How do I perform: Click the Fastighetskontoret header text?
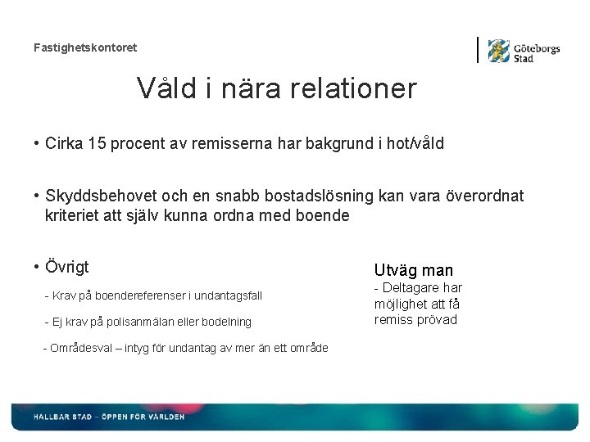click(x=85, y=47)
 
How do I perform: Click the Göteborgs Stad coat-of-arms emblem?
click(x=498, y=51)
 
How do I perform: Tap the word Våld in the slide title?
click(x=167, y=88)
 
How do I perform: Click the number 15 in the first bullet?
click(x=98, y=144)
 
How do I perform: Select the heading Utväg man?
click(x=413, y=270)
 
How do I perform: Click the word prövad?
click(x=438, y=320)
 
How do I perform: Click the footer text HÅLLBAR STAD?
click(x=62, y=417)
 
